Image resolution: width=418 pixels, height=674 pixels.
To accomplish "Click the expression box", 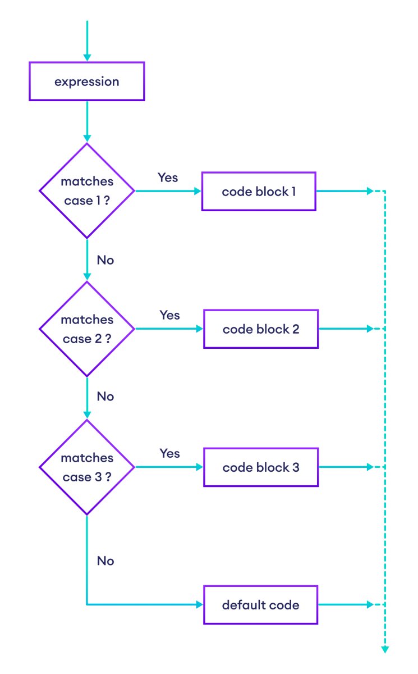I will (87, 81).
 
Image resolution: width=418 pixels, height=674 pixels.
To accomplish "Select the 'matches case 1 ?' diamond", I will (87, 191).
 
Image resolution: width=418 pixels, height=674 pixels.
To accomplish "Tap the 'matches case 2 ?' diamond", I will (87, 329).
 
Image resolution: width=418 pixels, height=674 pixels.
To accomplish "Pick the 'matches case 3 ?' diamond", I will (87, 467).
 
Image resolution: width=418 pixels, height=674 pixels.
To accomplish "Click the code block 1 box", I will (259, 192).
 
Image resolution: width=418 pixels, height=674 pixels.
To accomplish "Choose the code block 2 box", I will (261, 329).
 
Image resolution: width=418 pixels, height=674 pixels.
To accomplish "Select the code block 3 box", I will (261, 467).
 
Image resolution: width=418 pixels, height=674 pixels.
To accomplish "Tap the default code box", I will (261, 605).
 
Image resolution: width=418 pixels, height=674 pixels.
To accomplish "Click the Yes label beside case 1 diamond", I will (168, 177).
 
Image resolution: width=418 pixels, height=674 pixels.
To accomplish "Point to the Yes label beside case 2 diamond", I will (169, 315).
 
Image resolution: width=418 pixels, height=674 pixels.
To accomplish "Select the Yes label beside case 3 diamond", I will (169, 453).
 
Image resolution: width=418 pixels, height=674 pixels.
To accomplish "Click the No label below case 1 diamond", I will (105, 260).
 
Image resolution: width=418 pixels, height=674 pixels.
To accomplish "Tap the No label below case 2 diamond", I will (105, 397).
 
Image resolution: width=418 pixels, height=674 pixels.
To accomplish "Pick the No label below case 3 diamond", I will (105, 561).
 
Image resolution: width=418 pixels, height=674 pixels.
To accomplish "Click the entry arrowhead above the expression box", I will (87, 57).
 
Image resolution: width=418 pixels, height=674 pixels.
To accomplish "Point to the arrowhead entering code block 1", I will (197, 191).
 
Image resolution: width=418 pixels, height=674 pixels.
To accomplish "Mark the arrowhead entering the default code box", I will (199, 605).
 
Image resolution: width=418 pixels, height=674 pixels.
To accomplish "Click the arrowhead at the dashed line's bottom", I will (385, 650).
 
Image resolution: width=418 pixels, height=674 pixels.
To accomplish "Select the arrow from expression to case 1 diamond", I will (87, 121).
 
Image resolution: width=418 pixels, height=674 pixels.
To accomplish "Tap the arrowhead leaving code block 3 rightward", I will (370, 467).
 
